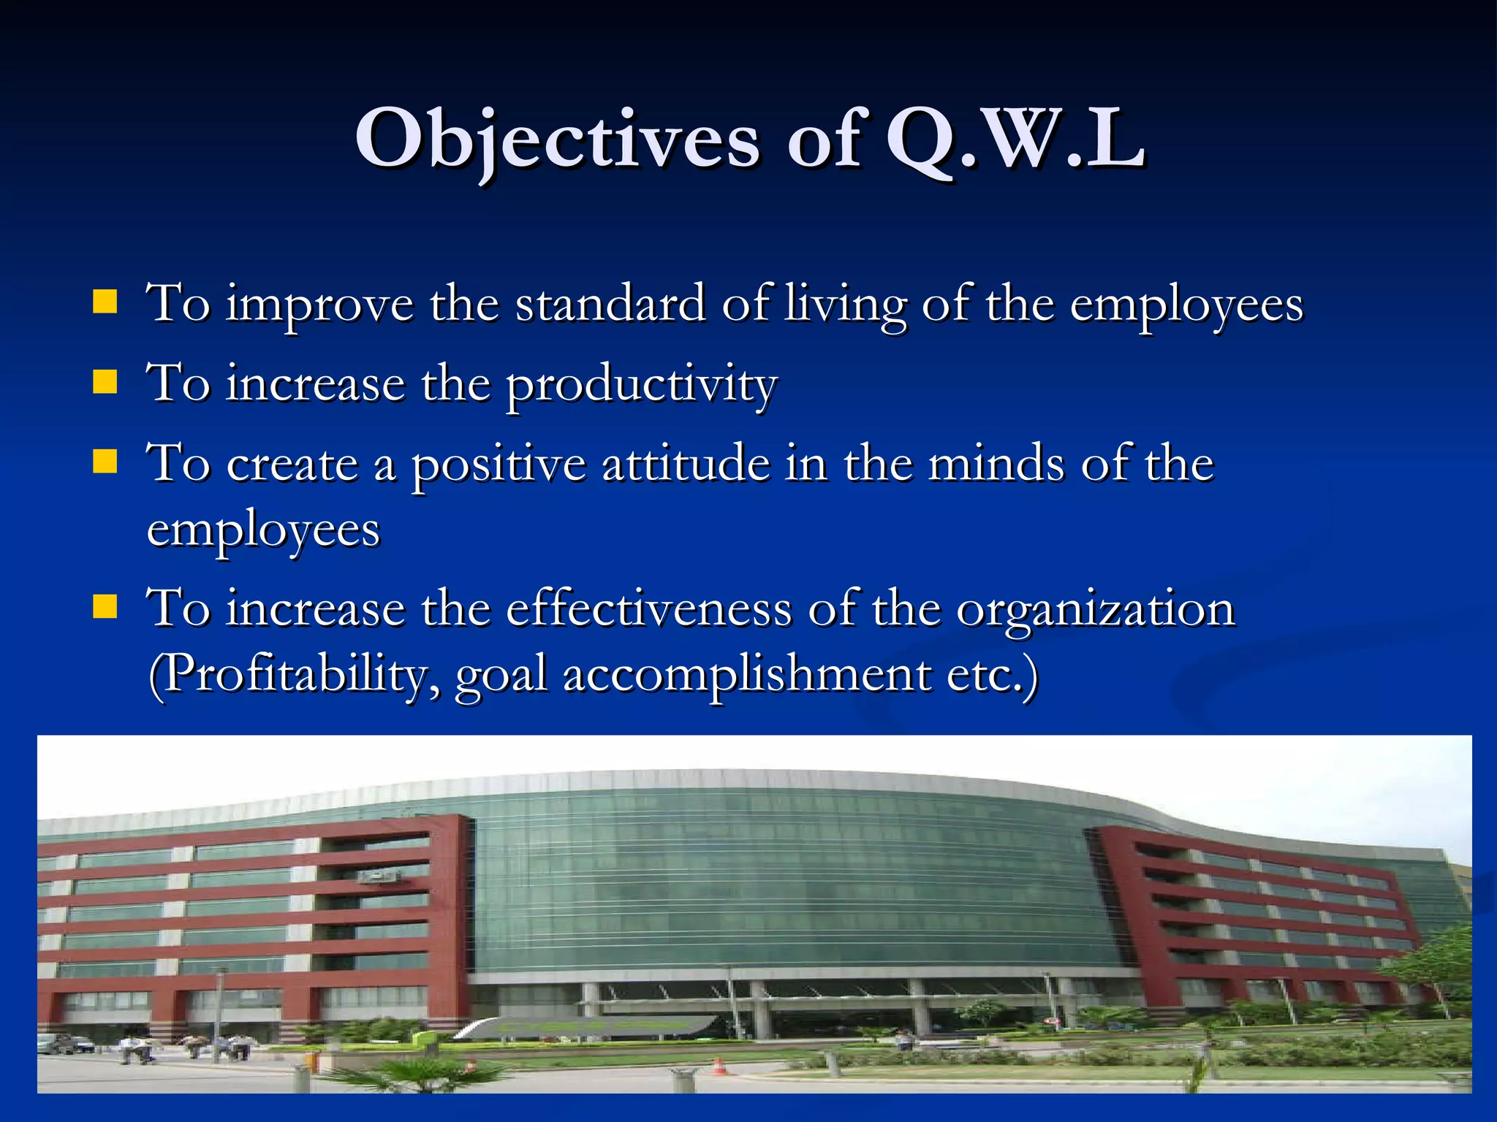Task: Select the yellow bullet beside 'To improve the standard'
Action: pyautogui.click(x=105, y=302)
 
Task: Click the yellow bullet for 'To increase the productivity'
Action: pyautogui.click(x=105, y=382)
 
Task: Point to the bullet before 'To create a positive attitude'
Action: pyautogui.click(x=105, y=462)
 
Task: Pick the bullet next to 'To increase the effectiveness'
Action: pyautogui.click(x=105, y=606)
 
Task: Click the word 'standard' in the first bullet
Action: pyautogui.click(x=610, y=303)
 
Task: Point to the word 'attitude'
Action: pyautogui.click(x=686, y=464)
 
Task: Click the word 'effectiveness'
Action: pyautogui.click(x=649, y=608)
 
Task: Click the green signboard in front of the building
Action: pyautogui.click(x=585, y=1026)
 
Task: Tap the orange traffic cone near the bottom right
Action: pyautogui.click(x=719, y=1066)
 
